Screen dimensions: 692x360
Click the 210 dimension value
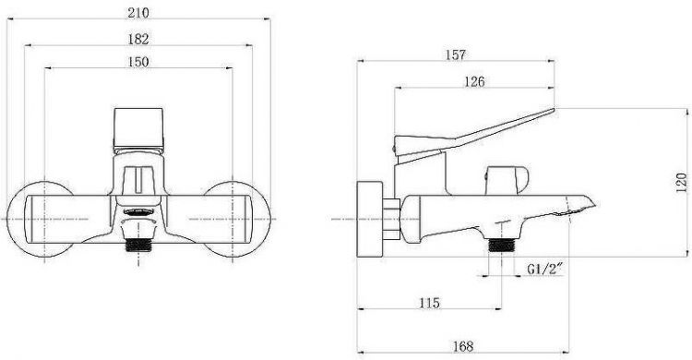pos(138,13)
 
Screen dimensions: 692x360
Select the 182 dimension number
pos(138,39)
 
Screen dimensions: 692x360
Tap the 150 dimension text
pos(138,62)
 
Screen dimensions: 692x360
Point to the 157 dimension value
pos(456,54)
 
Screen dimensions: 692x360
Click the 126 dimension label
pos(474,81)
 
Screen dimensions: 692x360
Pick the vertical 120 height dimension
pos(682,183)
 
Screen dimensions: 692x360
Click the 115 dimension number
pos(429,303)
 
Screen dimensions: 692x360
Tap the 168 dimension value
pos(463,346)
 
